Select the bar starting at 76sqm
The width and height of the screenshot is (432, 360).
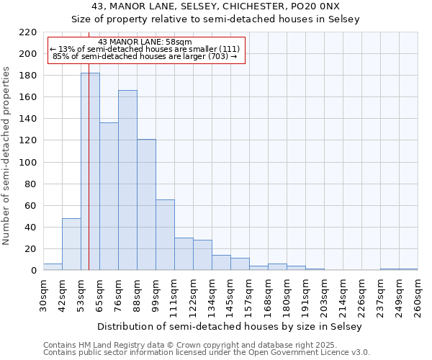pyautogui.click(x=127, y=180)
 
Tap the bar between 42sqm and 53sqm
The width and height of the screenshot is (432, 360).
pyautogui.click(x=71, y=244)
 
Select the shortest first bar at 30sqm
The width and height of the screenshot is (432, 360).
pyautogui.click(x=53, y=267)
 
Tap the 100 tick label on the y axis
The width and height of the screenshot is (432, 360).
pyautogui.click(x=29, y=163)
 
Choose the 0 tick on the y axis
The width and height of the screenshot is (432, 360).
pyautogui.click(x=34, y=271)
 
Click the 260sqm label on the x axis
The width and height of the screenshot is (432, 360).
pyautogui.click(x=418, y=297)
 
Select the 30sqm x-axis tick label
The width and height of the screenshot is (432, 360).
pyautogui.click(x=43, y=295)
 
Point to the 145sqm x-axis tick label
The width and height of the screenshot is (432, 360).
pyautogui.click(x=230, y=297)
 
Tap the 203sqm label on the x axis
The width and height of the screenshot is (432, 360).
pyautogui.click(x=324, y=297)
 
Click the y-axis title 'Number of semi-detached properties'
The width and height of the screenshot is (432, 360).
pyautogui.click(x=7, y=156)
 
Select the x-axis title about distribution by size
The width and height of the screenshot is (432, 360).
pyautogui.click(x=230, y=326)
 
